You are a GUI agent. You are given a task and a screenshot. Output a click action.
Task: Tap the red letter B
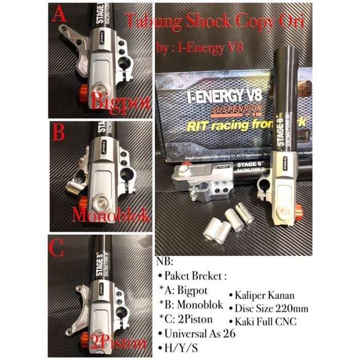click(59, 133)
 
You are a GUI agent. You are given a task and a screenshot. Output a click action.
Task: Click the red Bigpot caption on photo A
click(120, 101)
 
